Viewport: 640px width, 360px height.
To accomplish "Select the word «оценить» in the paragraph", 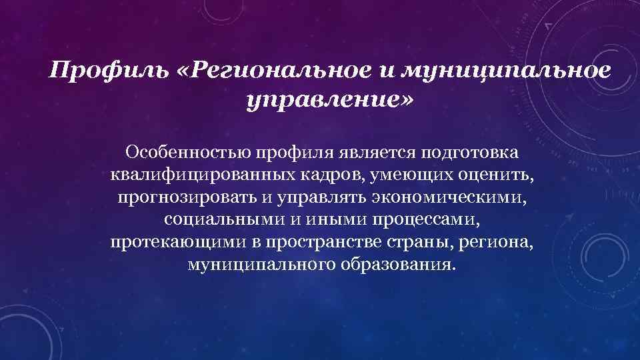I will coord(495,175).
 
